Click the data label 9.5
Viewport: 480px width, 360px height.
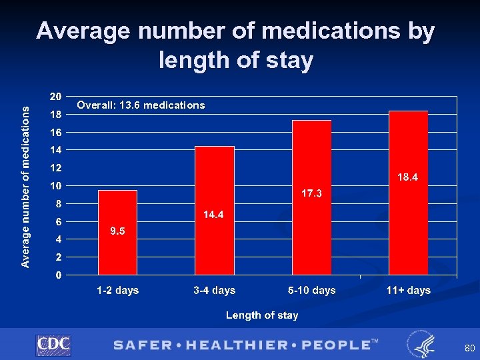pyautogui.click(x=117, y=231)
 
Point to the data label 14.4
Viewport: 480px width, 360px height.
pyautogui.click(x=214, y=215)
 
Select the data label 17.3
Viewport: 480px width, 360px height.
pyautogui.click(x=311, y=193)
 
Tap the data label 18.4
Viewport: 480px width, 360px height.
pyautogui.click(x=408, y=177)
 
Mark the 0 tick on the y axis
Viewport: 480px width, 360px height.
pyautogui.click(x=59, y=275)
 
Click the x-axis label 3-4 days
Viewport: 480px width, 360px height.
pyautogui.click(x=214, y=291)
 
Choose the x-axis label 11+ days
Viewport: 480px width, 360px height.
pyautogui.click(x=408, y=291)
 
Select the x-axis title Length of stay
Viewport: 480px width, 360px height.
pyautogui.click(x=262, y=315)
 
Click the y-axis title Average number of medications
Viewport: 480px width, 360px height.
pyautogui.click(x=25, y=187)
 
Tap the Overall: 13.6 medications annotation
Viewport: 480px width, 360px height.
pyautogui.click(x=141, y=105)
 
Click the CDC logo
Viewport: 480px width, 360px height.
pyautogui.click(x=53, y=345)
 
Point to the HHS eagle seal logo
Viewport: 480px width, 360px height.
pyautogui.click(x=421, y=344)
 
